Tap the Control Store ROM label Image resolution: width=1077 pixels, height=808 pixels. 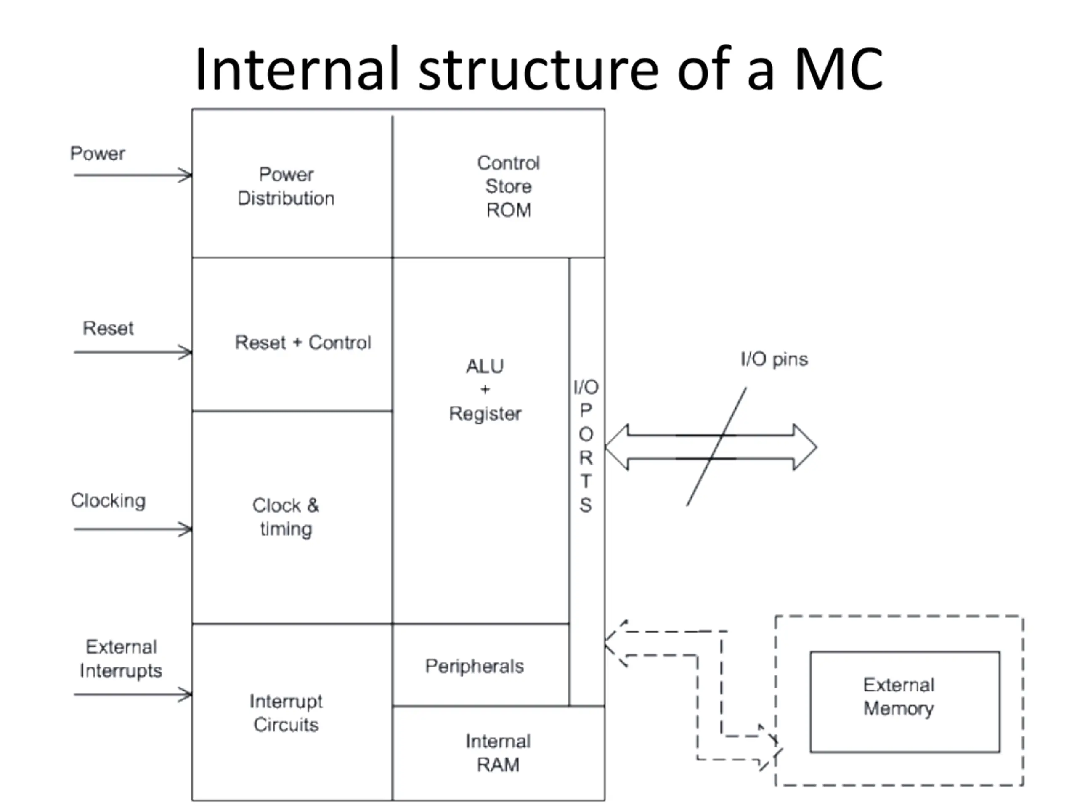508,186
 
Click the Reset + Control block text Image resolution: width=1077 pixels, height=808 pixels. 303,343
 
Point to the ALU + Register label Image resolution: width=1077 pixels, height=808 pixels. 485,390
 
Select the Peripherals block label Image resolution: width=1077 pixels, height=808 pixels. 475,666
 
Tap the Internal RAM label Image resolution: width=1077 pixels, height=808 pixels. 498,753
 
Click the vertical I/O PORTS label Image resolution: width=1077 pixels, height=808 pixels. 586,446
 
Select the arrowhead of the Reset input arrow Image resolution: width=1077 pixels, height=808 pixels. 186,352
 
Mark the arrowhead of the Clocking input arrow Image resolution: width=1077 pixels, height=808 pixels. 186,529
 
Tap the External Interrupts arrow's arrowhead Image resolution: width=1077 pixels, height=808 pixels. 186,694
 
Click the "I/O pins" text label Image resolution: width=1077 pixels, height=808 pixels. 774,359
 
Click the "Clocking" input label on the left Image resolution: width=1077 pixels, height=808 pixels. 108,501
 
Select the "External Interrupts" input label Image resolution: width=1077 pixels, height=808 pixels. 121,659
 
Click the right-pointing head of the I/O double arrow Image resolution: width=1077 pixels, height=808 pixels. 805,447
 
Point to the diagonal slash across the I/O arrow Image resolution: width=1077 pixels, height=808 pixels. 716,447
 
